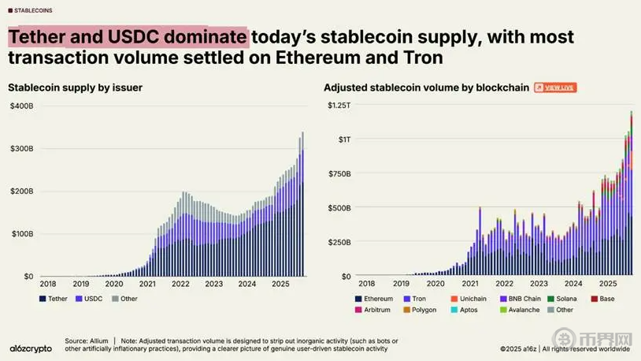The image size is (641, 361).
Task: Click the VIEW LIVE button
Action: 555,87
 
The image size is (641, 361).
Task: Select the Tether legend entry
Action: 53,299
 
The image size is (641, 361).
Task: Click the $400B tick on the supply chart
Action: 21,106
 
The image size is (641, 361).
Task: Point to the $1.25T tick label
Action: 339,106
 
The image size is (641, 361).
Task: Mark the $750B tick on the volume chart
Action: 339,173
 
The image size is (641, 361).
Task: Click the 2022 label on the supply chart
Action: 181,283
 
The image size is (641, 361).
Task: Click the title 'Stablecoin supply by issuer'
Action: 75,87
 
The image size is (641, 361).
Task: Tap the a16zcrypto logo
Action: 31,348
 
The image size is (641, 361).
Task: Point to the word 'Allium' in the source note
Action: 98,341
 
